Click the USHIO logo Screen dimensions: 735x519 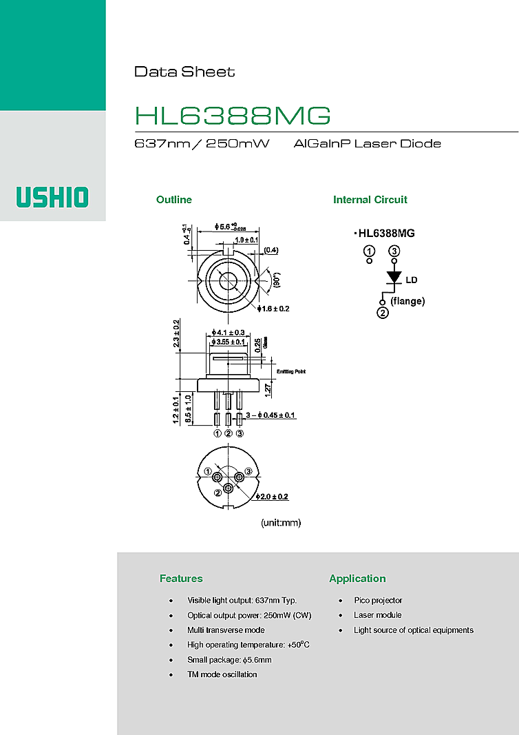53,197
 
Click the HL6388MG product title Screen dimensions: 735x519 232,116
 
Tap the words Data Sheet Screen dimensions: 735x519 184,72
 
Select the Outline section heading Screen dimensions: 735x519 174,200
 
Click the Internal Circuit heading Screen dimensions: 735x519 370,200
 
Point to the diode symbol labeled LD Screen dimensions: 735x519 394,278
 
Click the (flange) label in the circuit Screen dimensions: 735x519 407,301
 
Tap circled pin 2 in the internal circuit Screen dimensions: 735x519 383,313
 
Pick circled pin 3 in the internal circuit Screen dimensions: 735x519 394,251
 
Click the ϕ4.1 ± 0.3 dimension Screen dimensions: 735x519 229,332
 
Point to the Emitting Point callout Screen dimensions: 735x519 290,372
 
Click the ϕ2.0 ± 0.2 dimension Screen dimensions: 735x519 272,497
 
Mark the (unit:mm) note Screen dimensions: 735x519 281,523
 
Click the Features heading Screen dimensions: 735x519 181,579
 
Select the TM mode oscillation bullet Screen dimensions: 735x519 222,674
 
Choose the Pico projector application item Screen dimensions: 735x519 378,601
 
